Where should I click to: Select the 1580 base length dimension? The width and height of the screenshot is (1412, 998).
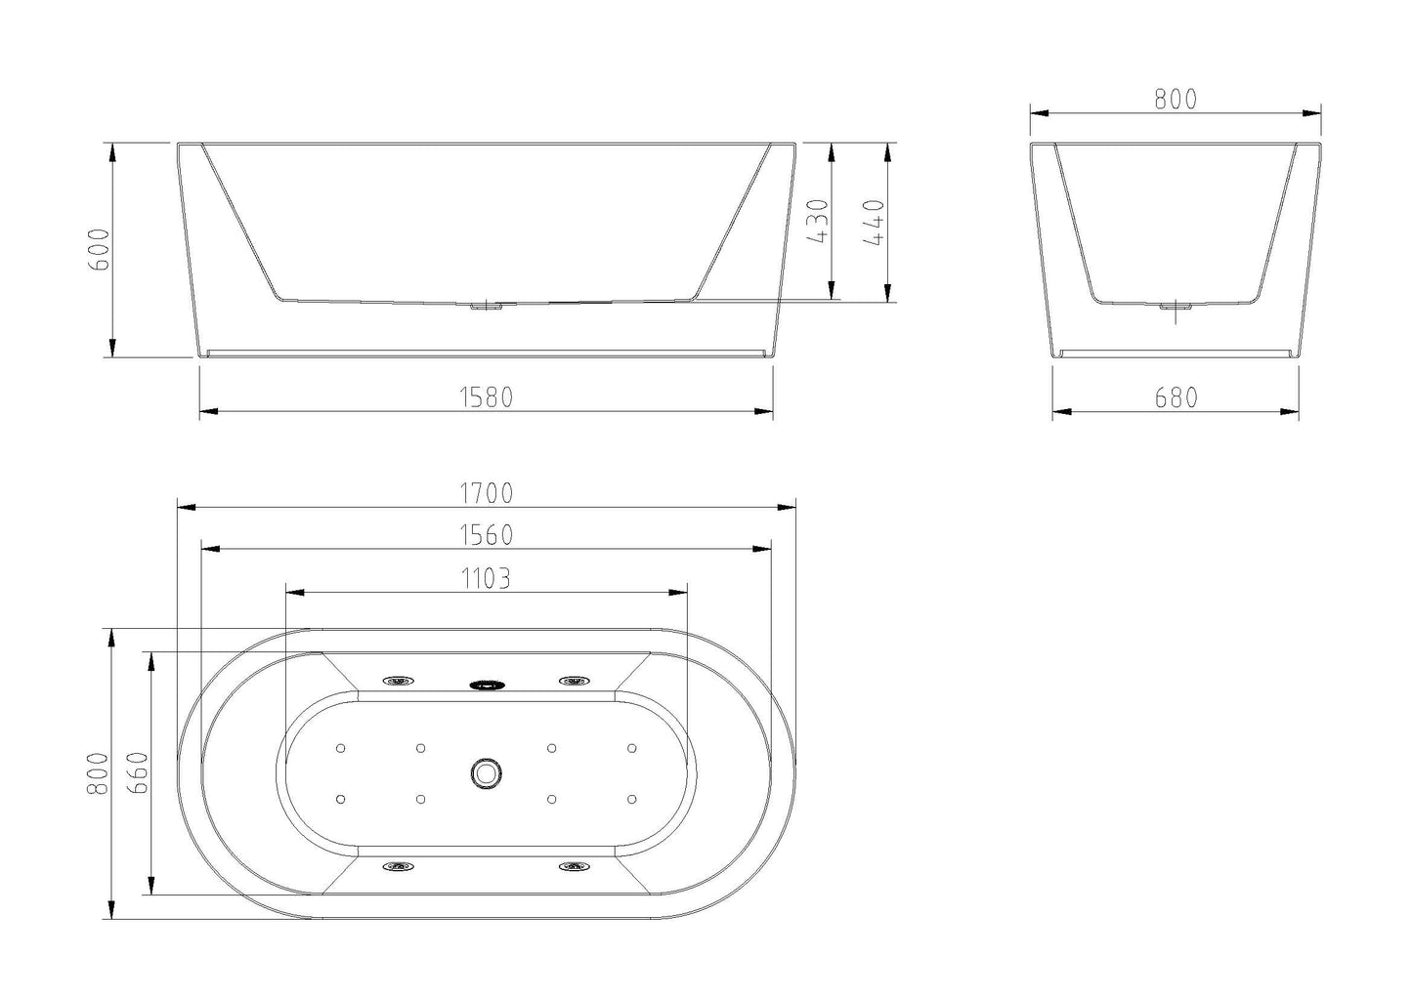tap(486, 397)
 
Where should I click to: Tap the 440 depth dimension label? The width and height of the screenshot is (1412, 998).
tap(874, 223)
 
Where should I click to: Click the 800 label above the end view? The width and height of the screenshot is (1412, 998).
tap(1176, 100)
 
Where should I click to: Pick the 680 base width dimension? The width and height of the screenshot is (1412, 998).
tap(1176, 397)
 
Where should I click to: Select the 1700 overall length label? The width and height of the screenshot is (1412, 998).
tap(486, 493)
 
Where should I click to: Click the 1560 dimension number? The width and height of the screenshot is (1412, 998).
tap(486, 535)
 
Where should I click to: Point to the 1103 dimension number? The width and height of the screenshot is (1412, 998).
tap(486, 578)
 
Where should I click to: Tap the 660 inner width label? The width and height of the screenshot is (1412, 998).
tap(138, 773)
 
